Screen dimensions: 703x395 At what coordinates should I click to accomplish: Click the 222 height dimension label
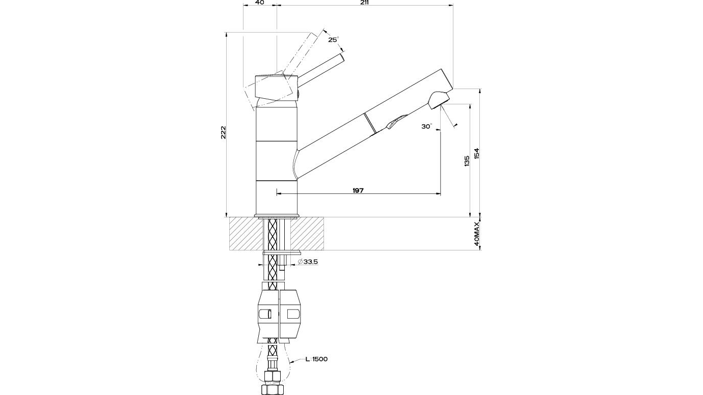tap(223, 132)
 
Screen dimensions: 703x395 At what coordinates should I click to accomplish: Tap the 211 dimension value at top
tap(364, 2)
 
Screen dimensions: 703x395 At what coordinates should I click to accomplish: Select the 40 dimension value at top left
tap(260, 2)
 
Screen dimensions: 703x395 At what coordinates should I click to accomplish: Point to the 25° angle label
tap(334, 40)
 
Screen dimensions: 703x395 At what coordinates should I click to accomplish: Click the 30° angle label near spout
tap(427, 126)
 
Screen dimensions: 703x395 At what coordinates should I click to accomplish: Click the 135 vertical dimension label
tap(467, 161)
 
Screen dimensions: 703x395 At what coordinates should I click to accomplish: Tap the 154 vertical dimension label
tap(477, 154)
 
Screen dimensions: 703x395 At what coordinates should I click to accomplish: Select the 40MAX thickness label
tap(477, 234)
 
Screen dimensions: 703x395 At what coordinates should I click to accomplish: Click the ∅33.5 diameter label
tap(308, 262)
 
